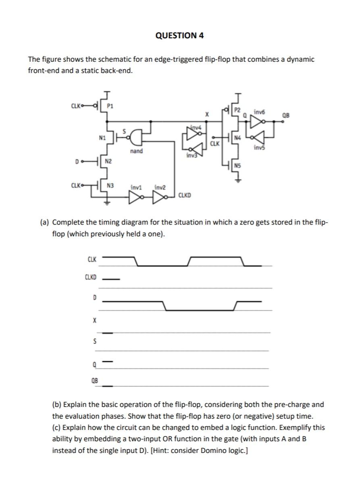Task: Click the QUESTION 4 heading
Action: [x=179, y=35]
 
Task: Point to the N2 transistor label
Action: [x=108, y=162]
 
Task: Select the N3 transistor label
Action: [x=109, y=186]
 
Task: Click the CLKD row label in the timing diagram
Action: [x=91, y=277]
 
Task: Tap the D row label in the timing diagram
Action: [x=94, y=298]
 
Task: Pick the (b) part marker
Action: [x=57, y=405]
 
